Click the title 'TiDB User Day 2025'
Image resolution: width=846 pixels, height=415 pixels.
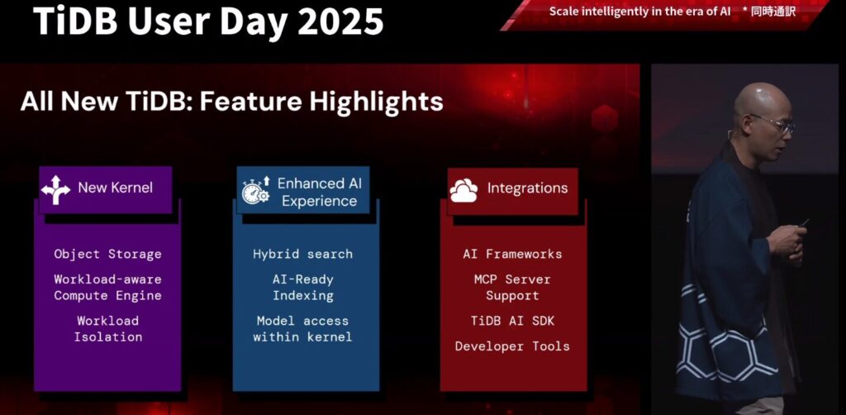(208, 21)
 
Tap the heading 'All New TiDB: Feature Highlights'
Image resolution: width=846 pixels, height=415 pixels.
(231, 102)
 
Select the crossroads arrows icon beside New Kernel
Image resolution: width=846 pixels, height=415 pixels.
(56, 189)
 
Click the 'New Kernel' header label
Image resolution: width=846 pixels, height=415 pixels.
(115, 188)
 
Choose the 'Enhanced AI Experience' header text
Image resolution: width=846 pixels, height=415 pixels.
(319, 192)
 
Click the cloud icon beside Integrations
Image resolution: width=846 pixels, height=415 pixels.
(463, 190)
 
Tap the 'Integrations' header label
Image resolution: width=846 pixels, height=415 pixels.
(527, 188)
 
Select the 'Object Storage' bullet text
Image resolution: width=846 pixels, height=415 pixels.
(107, 254)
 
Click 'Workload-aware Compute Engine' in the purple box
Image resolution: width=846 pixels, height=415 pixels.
(107, 288)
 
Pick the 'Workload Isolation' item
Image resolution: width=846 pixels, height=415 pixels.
(107, 329)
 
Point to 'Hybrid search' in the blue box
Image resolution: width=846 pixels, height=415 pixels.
(302, 254)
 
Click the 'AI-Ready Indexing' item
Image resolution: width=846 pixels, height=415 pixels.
(302, 288)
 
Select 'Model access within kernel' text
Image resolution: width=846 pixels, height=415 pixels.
(302, 329)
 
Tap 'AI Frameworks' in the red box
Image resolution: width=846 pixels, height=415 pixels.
(512, 254)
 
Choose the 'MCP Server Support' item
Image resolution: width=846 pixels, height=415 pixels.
(512, 288)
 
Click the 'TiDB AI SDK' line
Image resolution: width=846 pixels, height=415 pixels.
(512, 321)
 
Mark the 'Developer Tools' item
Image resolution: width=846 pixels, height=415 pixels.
(512, 346)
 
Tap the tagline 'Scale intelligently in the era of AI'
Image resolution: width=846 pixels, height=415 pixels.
(639, 12)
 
